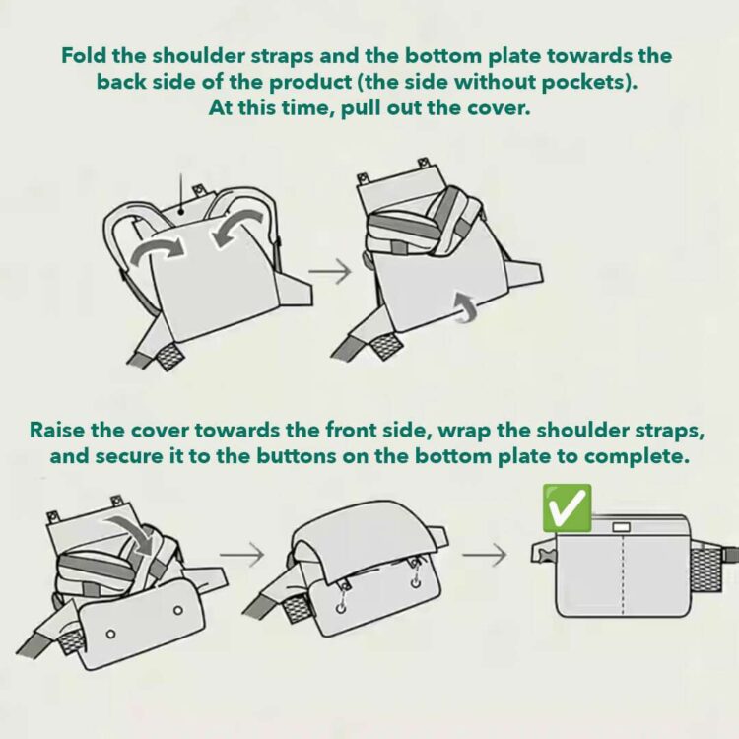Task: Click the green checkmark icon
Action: (568, 508)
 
